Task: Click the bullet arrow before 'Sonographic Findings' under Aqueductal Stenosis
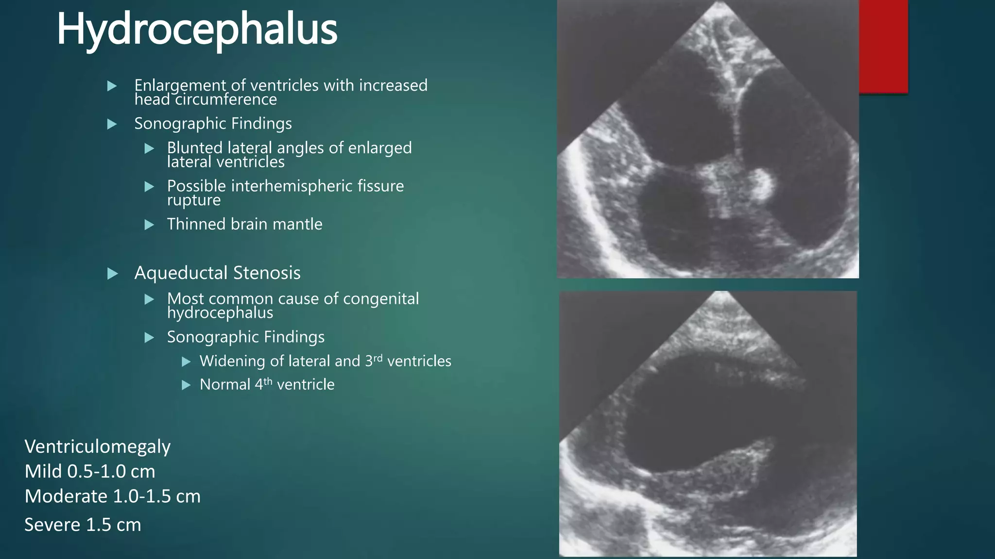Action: tap(150, 337)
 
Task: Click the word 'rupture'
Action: tap(193, 200)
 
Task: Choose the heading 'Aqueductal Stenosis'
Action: tap(217, 273)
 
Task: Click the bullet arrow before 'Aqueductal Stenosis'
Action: tap(112, 274)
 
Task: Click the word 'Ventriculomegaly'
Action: tap(97, 446)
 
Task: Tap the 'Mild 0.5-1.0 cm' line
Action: tap(90, 471)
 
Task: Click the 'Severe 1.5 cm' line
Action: tap(83, 525)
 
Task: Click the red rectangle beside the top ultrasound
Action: tap(883, 46)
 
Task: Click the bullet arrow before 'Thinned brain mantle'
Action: tap(150, 225)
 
